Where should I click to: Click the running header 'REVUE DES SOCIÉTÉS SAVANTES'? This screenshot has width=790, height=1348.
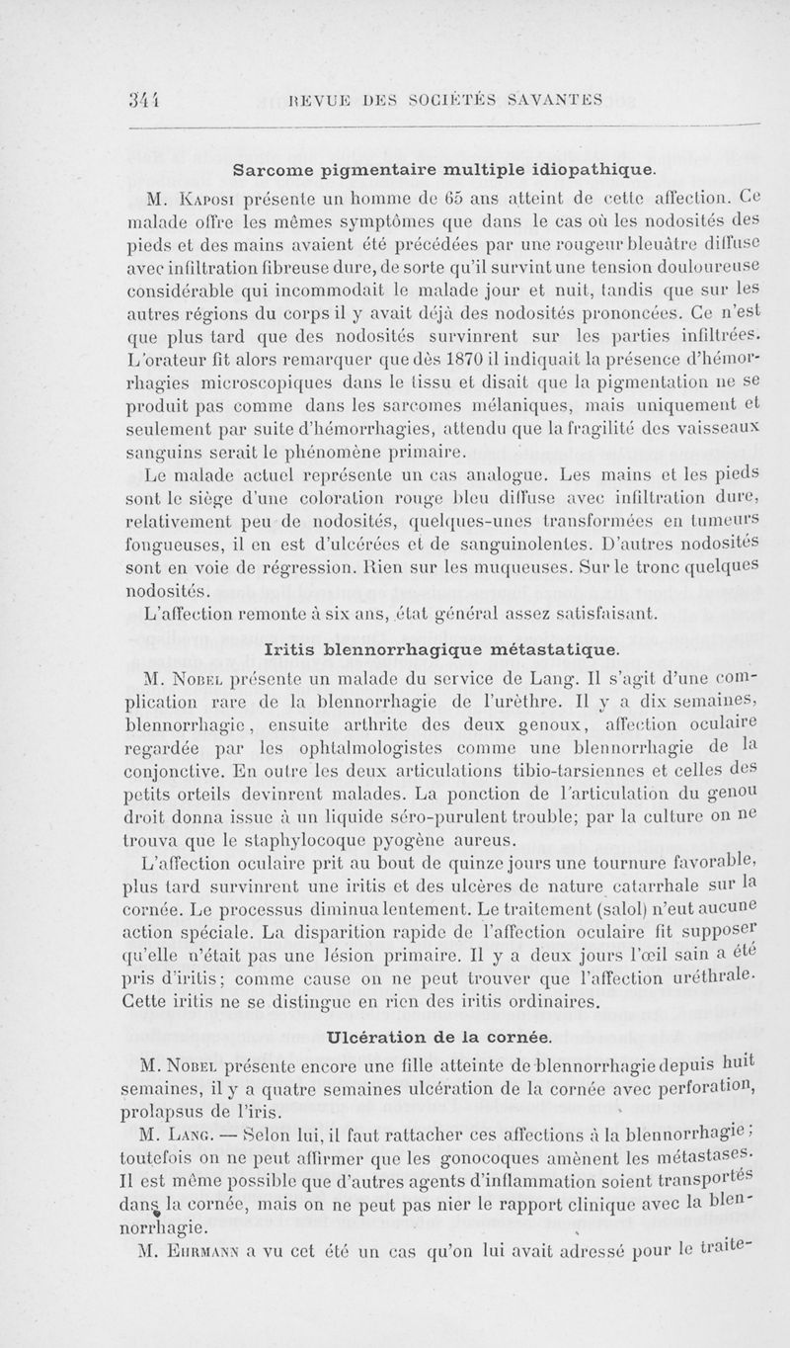(x=448, y=97)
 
